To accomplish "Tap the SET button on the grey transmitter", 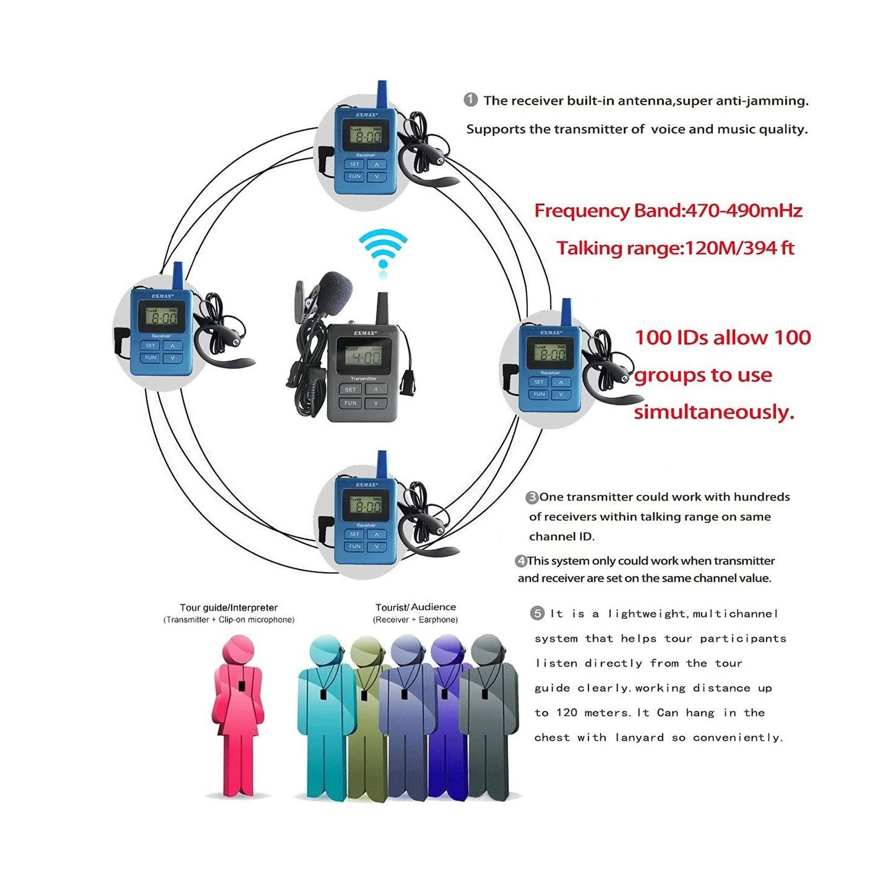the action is tap(350, 389).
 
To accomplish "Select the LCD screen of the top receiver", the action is tap(366, 135).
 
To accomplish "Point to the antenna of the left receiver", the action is tap(178, 275).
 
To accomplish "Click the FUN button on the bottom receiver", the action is tap(355, 546).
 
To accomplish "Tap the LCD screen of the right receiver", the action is tap(550, 353).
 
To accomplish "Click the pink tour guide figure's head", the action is tap(238, 650).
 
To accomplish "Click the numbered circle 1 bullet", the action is tap(471, 100).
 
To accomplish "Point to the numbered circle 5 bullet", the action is tap(537, 613).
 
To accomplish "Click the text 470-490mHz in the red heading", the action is tap(744, 210).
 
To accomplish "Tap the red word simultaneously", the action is tap(713, 412).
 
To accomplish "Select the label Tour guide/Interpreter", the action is tap(228, 608).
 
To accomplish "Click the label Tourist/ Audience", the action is tap(415, 607).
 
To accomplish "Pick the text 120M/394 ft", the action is tap(739, 248).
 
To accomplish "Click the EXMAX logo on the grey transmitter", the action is tap(365, 333).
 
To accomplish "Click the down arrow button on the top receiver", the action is tap(377, 177).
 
